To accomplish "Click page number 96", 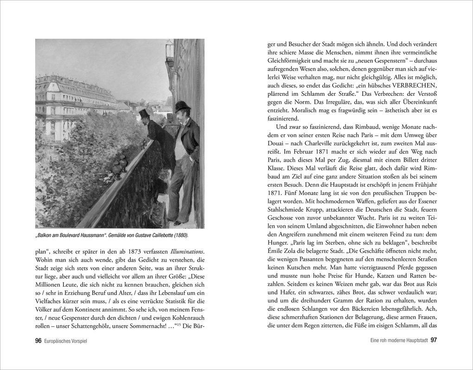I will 38,340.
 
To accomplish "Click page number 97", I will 434,340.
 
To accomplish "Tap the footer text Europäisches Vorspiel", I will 65,341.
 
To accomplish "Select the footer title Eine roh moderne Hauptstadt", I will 396,341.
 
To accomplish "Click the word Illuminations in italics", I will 185,251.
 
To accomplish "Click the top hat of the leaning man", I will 143,113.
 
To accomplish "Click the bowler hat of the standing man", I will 183,105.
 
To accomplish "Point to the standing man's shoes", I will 175,221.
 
